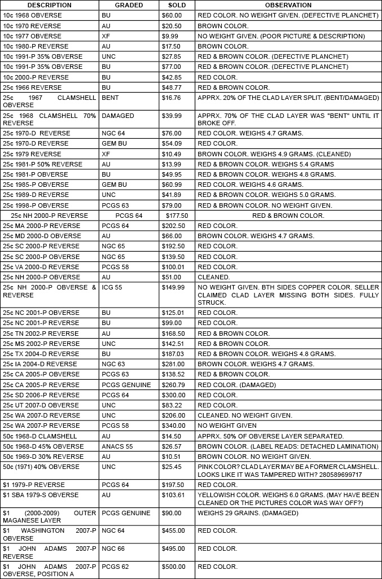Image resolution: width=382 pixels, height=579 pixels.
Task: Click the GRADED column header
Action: click(x=129, y=5)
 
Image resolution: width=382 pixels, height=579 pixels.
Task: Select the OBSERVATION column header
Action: click(x=288, y=5)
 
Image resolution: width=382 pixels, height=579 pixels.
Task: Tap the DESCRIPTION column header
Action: click(x=50, y=5)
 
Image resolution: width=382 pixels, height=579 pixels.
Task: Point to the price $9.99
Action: click(x=170, y=36)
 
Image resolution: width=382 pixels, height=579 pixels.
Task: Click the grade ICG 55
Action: click(x=112, y=287)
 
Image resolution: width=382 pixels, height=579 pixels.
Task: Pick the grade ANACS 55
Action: click(x=116, y=446)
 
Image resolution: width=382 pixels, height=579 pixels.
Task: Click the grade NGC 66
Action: click(x=113, y=549)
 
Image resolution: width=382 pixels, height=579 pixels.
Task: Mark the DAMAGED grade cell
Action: click(x=118, y=116)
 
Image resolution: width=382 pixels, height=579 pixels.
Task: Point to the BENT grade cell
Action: click(x=110, y=98)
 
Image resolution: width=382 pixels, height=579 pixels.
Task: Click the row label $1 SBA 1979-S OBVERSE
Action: click(x=41, y=495)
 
